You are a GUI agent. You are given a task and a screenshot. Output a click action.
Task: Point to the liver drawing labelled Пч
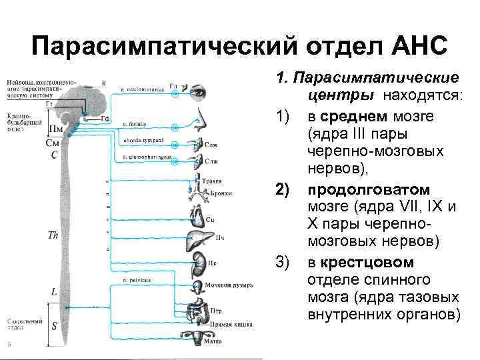200,239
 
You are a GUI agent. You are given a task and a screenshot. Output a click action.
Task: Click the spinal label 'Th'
54,235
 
